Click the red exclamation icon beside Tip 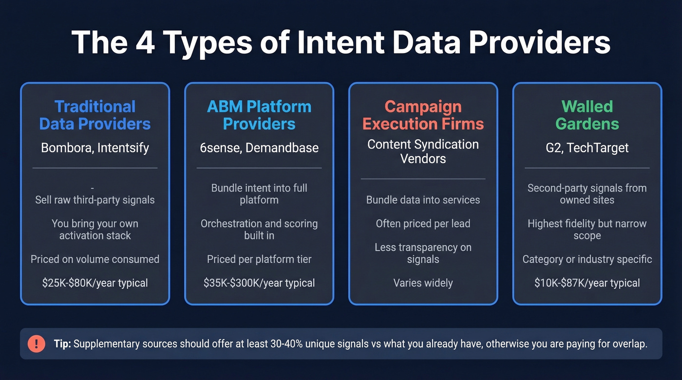click(x=37, y=344)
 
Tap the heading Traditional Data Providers click(x=95, y=115)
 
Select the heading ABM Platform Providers click(x=259, y=115)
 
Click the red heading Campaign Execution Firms click(x=423, y=115)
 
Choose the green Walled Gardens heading click(x=587, y=115)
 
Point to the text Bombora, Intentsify click(x=95, y=148)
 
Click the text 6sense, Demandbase click(x=259, y=148)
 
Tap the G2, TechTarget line click(x=587, y=148)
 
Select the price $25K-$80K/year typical click(x=95, y=283)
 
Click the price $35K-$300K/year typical click(x=259, y=283)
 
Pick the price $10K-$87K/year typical click(x=587, y=283)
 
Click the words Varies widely click(x=423, y=283)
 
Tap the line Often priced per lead click(x=423, y=223)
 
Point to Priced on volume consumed click(x=95, y=259)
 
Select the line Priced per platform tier click(x=259, y=259)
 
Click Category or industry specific click(x=587, y=259)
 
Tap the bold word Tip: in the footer click(x=62, y=344)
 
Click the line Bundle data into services click(x=423, y=200)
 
